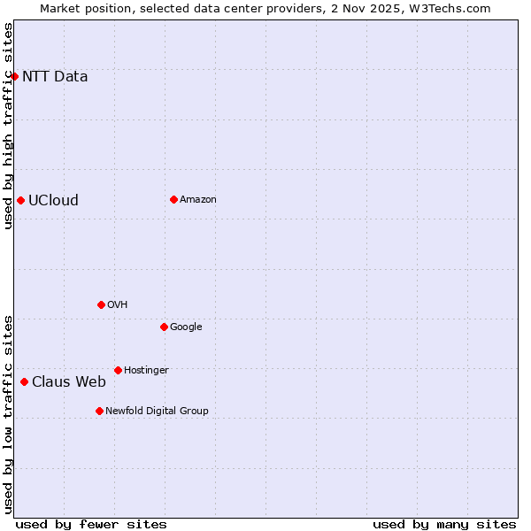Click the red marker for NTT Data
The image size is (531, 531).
[x=14, y=76]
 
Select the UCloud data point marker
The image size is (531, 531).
[x=20, y=200]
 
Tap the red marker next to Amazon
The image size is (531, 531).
[x=173, y=199]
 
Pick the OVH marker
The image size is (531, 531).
[x=101, y=304]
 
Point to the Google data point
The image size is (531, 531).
[x=164, y=327]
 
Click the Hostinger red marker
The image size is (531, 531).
[x=118, y=370]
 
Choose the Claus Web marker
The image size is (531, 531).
[x=24, y=381]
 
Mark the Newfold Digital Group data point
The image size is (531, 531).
[x=99, y=411]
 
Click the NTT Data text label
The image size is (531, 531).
[x=55, y=76]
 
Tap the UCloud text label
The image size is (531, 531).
[x=53, y=200]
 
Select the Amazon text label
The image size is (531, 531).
[x=198, y=199]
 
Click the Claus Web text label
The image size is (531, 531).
[x=69, y=381]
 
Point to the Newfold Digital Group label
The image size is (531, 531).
[x=157, y=411]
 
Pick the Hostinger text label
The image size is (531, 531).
[x=146, y=370]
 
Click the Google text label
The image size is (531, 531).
[x=186, y=327]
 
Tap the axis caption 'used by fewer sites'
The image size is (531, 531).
[x=91, y=524]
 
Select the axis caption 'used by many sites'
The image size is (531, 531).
[x=444, y=524]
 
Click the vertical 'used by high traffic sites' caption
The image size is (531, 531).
[x=8, y=126]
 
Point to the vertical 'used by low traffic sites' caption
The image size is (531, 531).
[x=8, y=414]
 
